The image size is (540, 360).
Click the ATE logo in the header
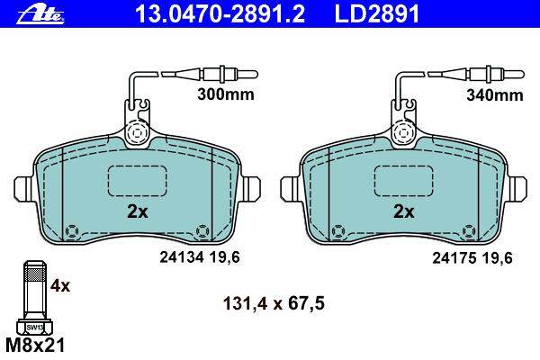point(40,14)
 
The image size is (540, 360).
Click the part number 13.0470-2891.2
point(220,13)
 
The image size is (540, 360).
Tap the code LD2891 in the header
point(377,13)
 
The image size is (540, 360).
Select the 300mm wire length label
point(226,94)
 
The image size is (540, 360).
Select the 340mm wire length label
point(494,95)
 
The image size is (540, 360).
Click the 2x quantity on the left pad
point(138,211)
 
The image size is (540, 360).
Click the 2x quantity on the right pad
point(404,211)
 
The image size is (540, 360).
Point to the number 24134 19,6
point(200,257)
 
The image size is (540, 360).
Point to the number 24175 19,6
point(472,257)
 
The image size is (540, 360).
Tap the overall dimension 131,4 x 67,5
point(274,303)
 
